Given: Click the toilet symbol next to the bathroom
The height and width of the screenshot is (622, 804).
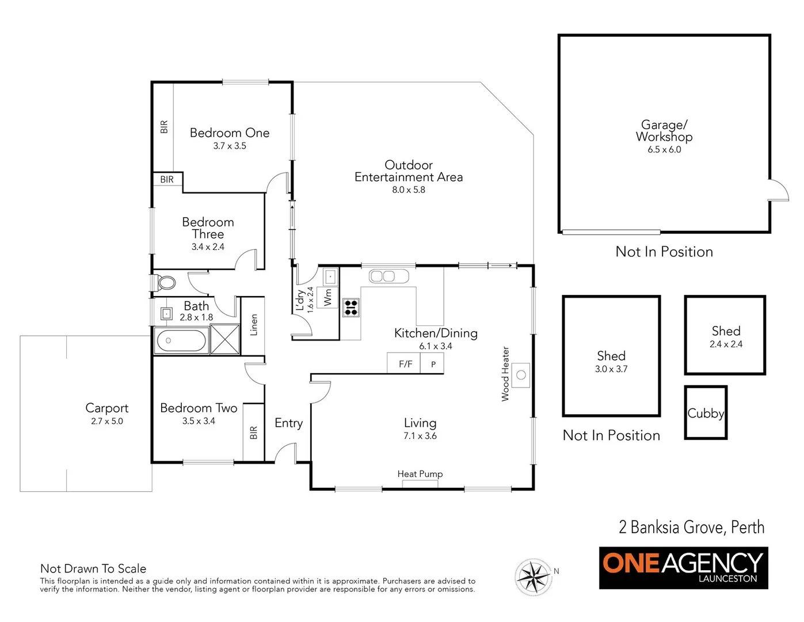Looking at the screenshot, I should click(x=166, y=283).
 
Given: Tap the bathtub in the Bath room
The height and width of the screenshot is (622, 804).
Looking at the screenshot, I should click(x=181, y=340).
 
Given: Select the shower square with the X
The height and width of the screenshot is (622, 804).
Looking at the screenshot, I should click(x=224, y=339).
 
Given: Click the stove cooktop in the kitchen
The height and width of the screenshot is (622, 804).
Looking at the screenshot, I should click(x=351, y=308).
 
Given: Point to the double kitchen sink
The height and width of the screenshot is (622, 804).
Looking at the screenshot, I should click(x=382, y=276).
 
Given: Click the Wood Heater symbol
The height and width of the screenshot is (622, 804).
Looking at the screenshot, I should click(x=521, y=375).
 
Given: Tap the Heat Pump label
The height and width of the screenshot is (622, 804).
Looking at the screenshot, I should click(x=420, y=474).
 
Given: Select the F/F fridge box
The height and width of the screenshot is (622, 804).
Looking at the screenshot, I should click(x=405, y=364).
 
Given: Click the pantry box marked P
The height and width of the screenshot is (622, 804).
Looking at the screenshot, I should click(x=433, y=364).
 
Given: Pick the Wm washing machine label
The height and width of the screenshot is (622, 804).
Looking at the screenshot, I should click(x=328, y=297).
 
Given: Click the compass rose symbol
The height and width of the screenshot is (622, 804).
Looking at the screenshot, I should click(x=534, y=576).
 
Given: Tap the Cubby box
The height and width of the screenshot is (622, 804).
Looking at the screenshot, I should click(x=706, y=413).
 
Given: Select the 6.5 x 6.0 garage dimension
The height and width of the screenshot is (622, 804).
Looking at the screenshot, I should click(x=664, y=150).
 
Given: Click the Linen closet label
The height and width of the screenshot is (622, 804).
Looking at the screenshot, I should click(x=254, y=325).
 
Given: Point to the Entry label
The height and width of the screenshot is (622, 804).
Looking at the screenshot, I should click(x=288, y=423).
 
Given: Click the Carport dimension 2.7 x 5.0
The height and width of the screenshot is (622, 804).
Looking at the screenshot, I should click(x=107, y=422).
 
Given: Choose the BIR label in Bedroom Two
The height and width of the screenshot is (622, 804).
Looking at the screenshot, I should click(x=254, y=433).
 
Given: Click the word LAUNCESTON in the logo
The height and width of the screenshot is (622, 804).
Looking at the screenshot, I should click(x=727, y=579).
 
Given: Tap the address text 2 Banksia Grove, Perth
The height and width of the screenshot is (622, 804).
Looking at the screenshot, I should click(x=691, y=527).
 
